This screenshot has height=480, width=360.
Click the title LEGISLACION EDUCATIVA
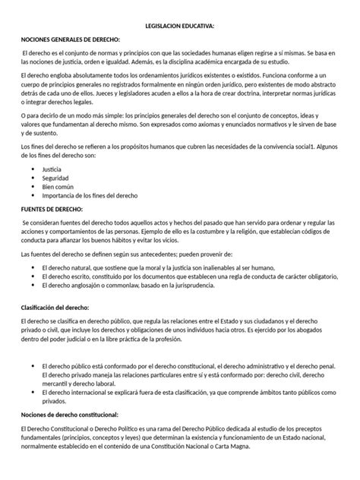[x=180, y=26]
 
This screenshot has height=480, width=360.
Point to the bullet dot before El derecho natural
[x=30, y=267]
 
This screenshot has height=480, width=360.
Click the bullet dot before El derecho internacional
[x=30, y=393]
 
